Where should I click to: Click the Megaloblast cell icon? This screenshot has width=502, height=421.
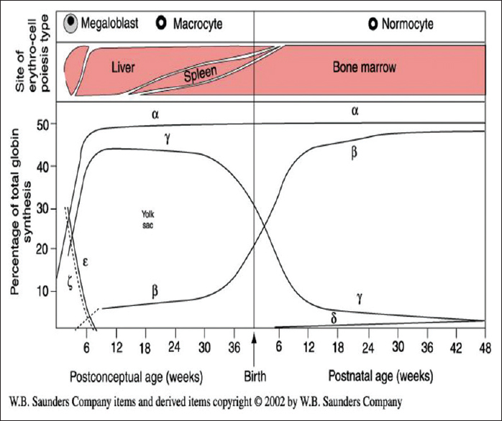coord(70,24)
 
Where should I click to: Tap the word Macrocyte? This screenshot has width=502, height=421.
coord(195,24)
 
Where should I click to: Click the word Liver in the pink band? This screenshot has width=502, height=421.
coord(124,68)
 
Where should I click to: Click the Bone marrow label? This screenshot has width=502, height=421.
coord(364,68)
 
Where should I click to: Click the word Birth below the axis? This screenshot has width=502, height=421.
coord(255,376)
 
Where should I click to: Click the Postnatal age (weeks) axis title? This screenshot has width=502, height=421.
coord(381,376)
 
